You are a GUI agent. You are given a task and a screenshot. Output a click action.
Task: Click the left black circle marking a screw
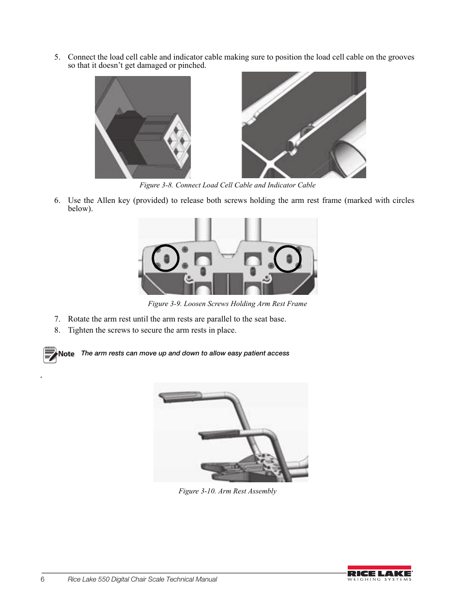pyautogui.click(x=166, y=258)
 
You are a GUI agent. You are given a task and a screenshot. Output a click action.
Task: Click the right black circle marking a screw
pyautogui.click(x=288, y=259)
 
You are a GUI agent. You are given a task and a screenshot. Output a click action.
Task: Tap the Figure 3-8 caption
pyautogui.click(x=227, y=185)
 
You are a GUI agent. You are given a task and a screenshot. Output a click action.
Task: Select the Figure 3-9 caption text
pyautogui.click(x=227, y=304)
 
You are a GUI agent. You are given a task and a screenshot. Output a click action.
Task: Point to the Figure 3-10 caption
pyautogui.click(x=227, y=491)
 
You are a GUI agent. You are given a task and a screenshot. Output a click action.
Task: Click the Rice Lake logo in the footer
pyautogui.click(x=379, y=573)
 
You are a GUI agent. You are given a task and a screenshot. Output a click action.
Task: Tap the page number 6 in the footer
pyautogui.click(x=43, y=580)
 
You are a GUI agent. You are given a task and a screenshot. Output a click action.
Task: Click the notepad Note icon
pyautogui.click(x=49, y=354)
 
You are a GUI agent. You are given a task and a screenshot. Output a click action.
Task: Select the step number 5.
pyautogui.click(x=57, y=57)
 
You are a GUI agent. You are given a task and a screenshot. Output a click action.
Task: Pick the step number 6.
pyautogui.click(x=57, y=200)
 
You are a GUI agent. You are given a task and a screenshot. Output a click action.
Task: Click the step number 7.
pyautogui.click(x=57, y=319)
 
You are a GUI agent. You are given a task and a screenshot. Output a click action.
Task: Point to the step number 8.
pyautogui.click(x=57, y=330)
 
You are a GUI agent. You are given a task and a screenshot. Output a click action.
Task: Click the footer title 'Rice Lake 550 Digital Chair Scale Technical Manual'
pyautogui.click(x=142, y=580)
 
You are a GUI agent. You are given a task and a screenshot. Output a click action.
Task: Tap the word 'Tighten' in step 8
pyautogui.click(x=80, y=330)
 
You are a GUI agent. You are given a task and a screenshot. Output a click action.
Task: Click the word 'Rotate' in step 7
pyautogui.click(x=79, y=319)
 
